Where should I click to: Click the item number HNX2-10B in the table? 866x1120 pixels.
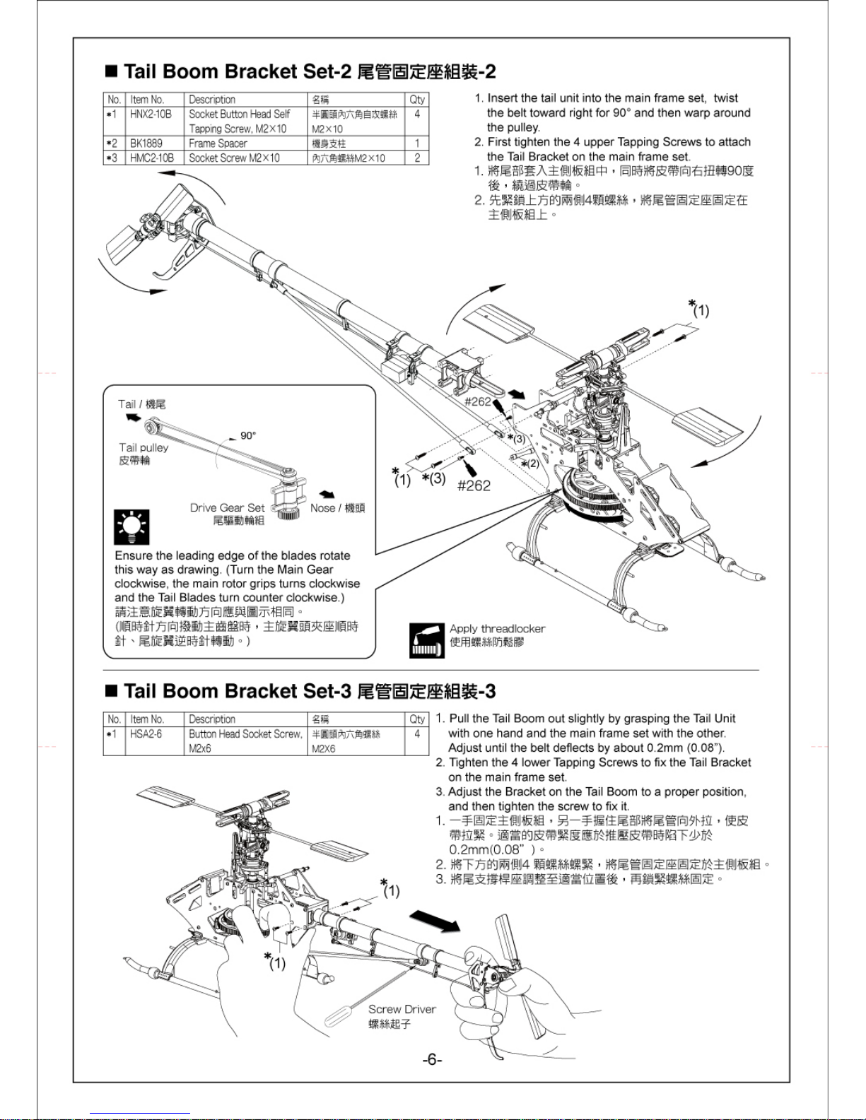151,114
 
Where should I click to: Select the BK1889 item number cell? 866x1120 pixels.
146,143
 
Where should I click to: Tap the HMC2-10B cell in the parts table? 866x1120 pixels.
151,158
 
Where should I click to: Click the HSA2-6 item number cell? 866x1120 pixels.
146,734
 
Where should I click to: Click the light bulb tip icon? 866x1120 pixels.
131,526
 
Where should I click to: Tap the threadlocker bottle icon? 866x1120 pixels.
426,640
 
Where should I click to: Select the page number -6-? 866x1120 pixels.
432,1059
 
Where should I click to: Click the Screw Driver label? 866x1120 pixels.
402,1010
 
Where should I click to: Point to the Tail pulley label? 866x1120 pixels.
144,448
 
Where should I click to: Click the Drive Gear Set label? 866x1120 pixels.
227,508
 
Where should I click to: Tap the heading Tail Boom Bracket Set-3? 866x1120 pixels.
300,690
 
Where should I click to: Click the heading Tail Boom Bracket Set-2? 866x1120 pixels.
300,71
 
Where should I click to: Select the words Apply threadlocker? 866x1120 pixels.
497,629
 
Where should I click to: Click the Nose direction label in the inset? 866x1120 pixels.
337,508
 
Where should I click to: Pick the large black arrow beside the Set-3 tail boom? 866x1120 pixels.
435,921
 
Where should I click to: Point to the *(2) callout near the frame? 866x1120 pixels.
529,464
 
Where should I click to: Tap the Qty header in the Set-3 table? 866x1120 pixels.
417,719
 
